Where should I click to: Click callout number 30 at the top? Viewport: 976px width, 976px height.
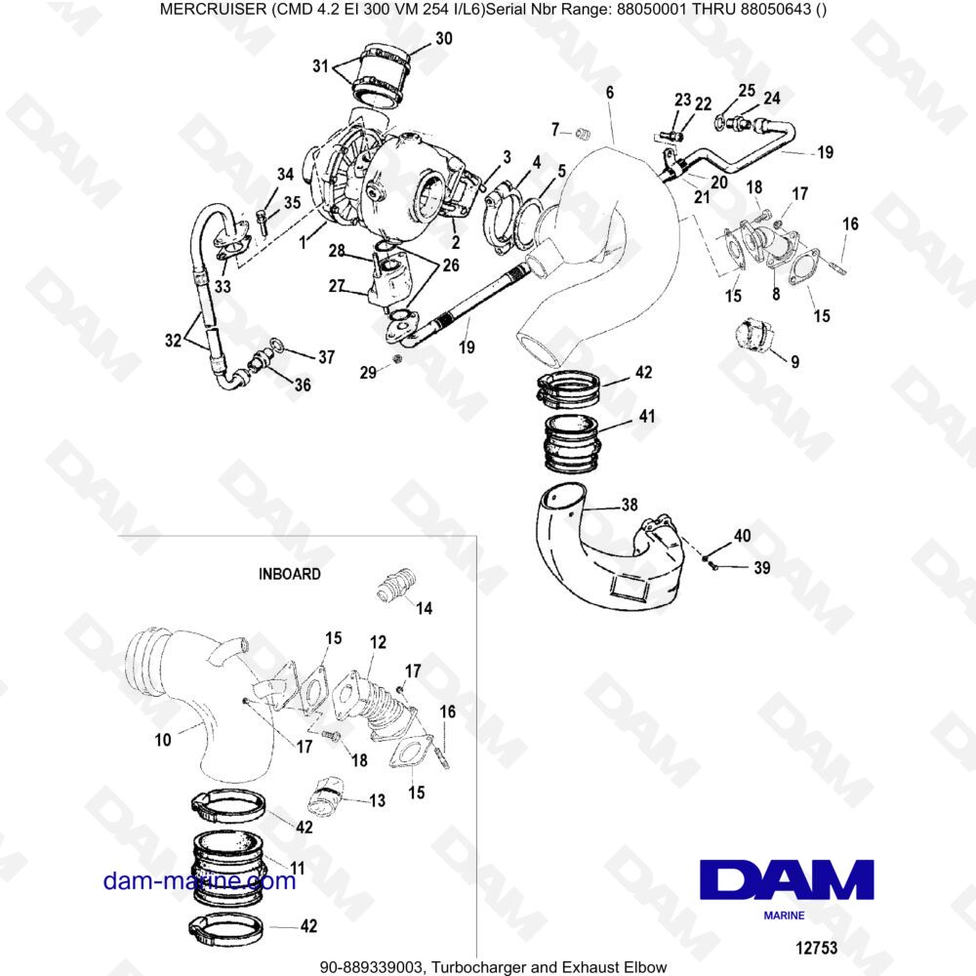pos(444,39)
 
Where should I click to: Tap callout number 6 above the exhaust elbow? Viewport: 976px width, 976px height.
pos(610,93)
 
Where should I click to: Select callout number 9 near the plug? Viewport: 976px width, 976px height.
pos(794,361)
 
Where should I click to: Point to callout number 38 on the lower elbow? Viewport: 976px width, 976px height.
pos(630,507)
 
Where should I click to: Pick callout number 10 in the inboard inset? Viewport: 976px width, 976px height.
pos(162,741)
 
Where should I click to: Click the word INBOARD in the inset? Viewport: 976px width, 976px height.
pos(289,574)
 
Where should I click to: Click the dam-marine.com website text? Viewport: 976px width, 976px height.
pos(199,881)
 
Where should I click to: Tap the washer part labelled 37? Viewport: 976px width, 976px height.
pos(277,344)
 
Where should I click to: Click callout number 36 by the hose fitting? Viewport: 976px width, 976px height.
pos(303,386)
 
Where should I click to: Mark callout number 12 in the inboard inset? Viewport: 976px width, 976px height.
pos(378,642)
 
